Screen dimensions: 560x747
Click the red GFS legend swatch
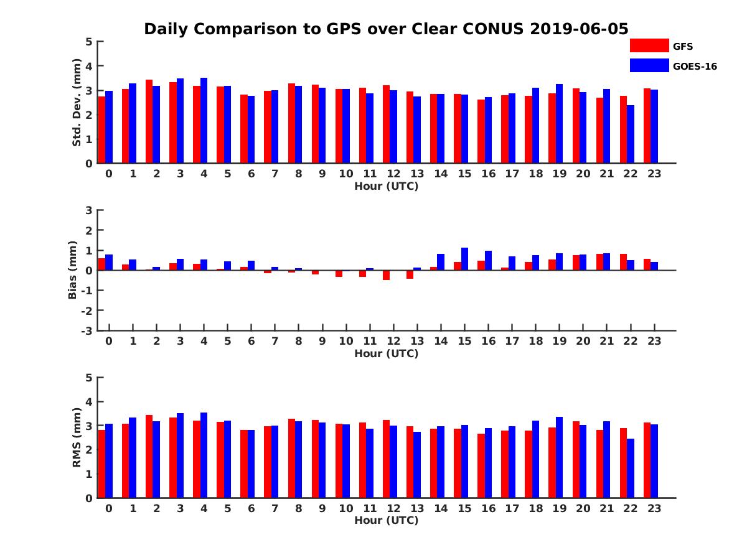[649, 45]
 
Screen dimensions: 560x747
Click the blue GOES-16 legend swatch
[649, 65]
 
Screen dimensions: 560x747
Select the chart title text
[386, 29]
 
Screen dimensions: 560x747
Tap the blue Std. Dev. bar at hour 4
[204, 121]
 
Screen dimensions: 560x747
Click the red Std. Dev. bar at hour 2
[149, 121]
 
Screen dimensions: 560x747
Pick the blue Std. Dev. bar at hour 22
[631, 134]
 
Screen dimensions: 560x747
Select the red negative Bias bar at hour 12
[387, 275]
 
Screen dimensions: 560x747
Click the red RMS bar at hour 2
[149, 456]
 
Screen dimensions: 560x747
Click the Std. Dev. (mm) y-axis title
[77, 103]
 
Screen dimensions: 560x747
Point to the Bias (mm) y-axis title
[73, 270]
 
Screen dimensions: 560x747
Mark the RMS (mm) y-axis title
[77, 437]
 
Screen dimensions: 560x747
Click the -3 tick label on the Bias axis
[87, 330]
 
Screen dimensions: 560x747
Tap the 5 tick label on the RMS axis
[89, 378]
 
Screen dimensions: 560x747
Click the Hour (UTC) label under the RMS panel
[386, 521]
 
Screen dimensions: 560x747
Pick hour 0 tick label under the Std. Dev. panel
[109, 174]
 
